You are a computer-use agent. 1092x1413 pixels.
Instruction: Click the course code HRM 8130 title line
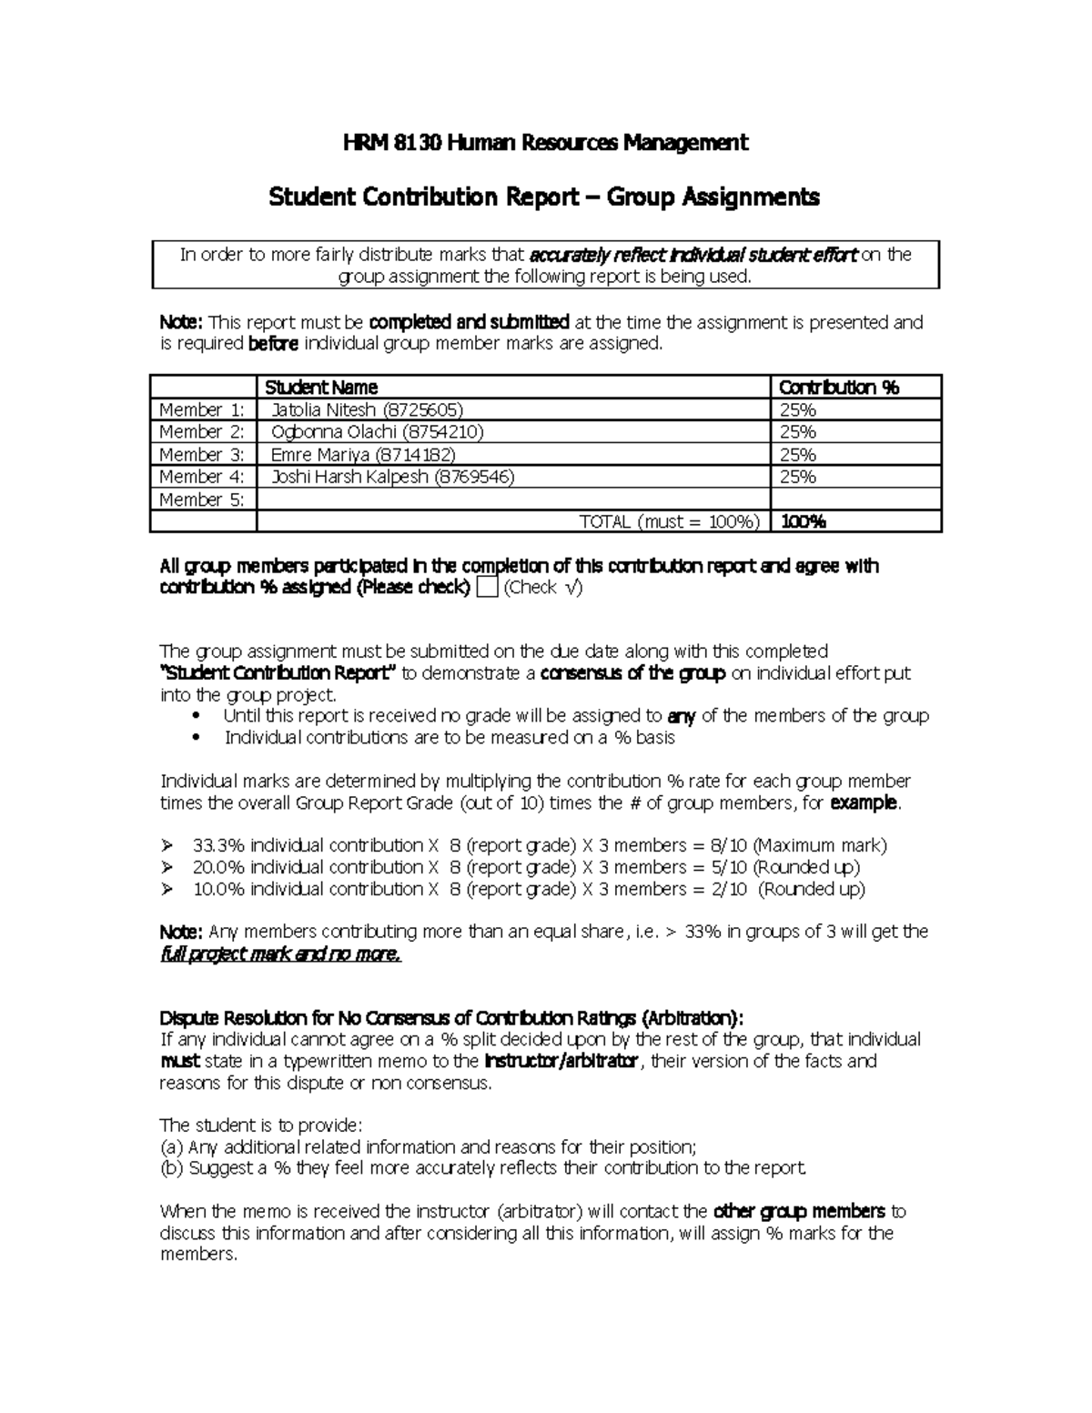click(x=545, y=143)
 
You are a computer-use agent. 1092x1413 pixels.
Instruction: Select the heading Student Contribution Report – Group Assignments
click(x=544, y=197)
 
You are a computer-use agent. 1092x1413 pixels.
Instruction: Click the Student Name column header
click(x=321, y=388)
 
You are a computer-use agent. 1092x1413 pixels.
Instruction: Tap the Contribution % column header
click(x=839, y=388)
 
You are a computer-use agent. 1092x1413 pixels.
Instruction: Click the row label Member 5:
click(x=202, y=500)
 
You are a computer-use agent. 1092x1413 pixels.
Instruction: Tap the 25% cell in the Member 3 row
click(x=798, y=455)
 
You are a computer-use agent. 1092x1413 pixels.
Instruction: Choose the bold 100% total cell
click(x=804, y=521)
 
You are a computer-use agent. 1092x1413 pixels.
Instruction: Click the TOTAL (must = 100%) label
click(x=670, y=521)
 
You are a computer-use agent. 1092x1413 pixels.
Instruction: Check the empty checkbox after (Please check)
click(x=487, y=588)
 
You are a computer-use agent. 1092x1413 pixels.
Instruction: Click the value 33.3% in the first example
click(x=218, y=845)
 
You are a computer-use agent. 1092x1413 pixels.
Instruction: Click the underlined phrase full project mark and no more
click(x=280, y=954)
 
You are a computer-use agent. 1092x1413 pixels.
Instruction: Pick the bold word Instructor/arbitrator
click(x=561, y=1062)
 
